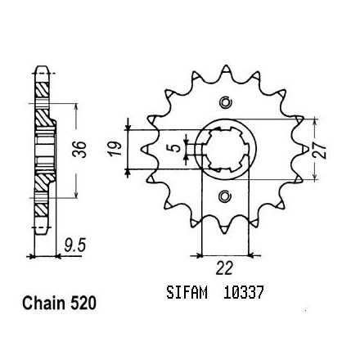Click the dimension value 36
click(79, 150)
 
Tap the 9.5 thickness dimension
click(75, 245)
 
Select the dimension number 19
click(115, 149)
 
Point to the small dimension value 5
click(177, 148)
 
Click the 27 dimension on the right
click(320, 150)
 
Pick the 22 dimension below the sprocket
click(225, 268)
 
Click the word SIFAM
click(187, 292)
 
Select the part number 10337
click(243, 292)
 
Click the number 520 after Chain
click(83, 303)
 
